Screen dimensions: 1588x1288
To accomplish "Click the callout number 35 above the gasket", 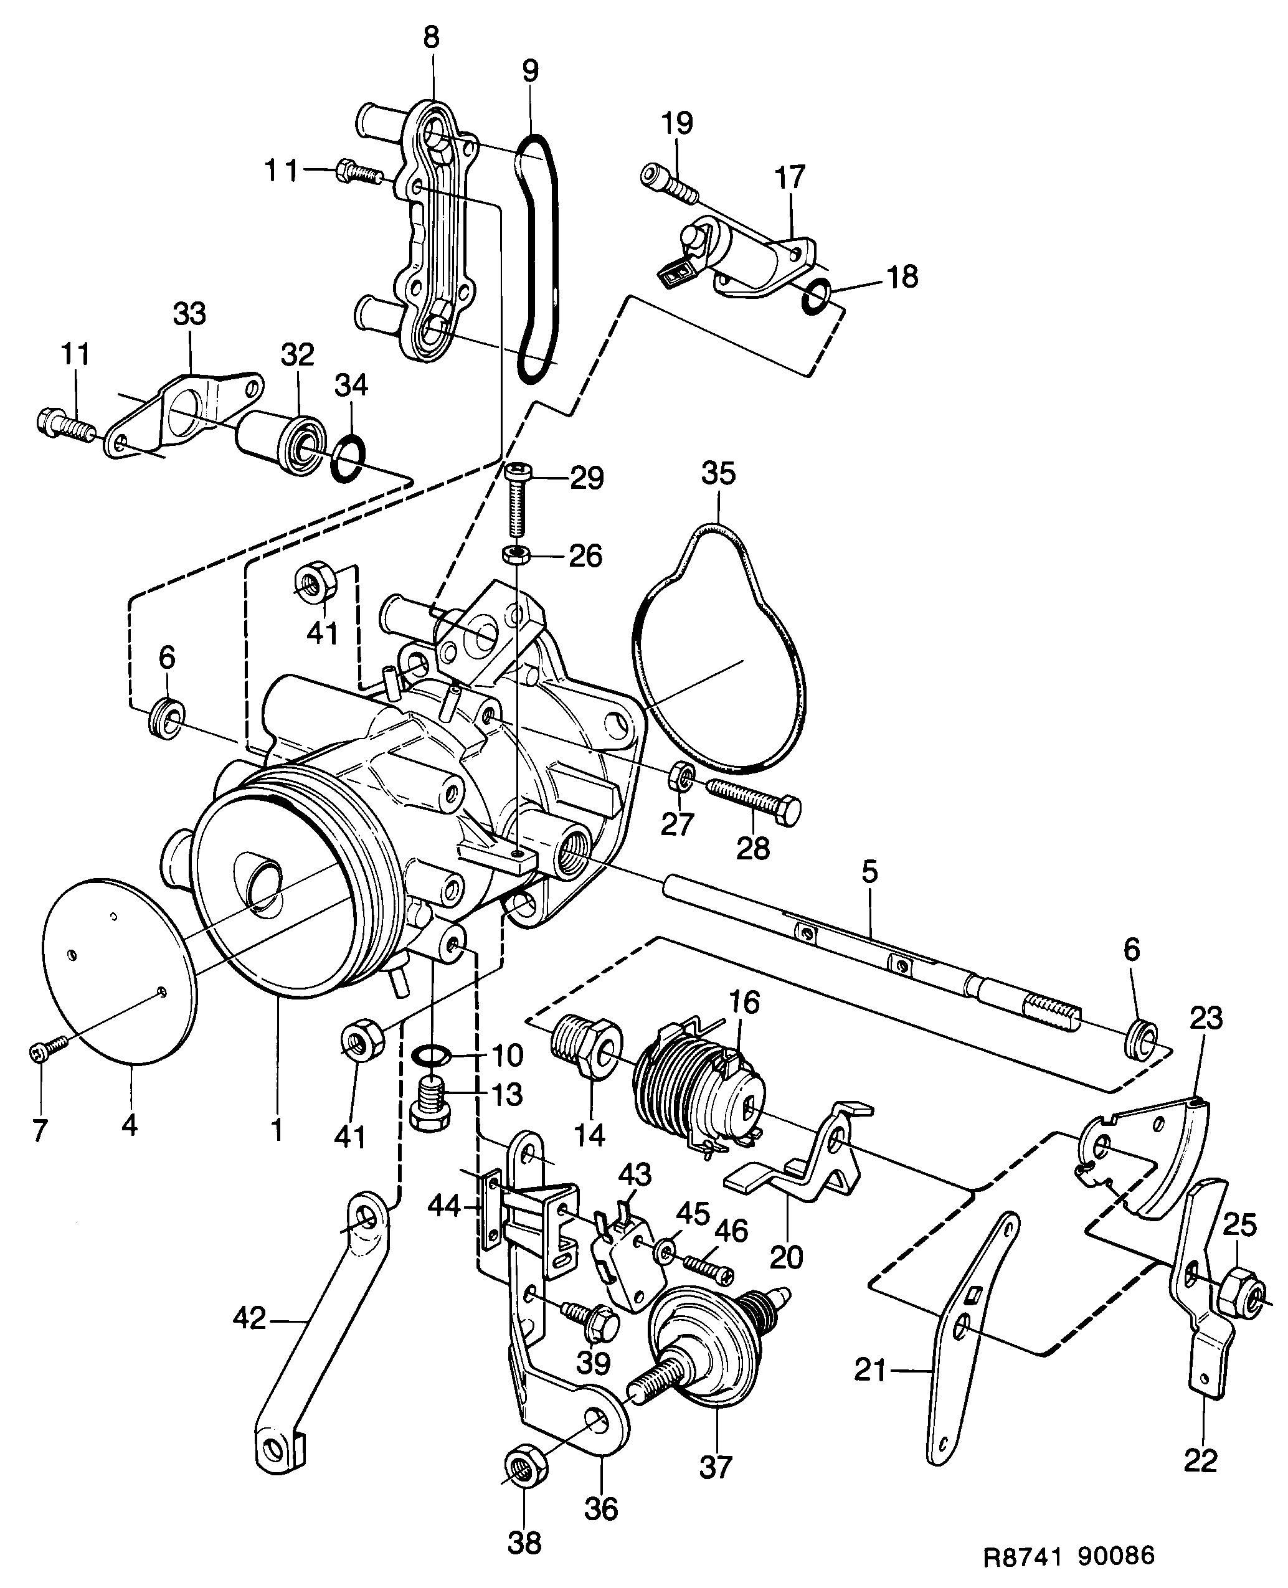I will pos(717,473).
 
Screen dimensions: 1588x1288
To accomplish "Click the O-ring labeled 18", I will pos(815,296).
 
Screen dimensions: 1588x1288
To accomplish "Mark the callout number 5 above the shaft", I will pos(869,872).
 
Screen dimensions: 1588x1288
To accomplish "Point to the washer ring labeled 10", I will pos(430,1053).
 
